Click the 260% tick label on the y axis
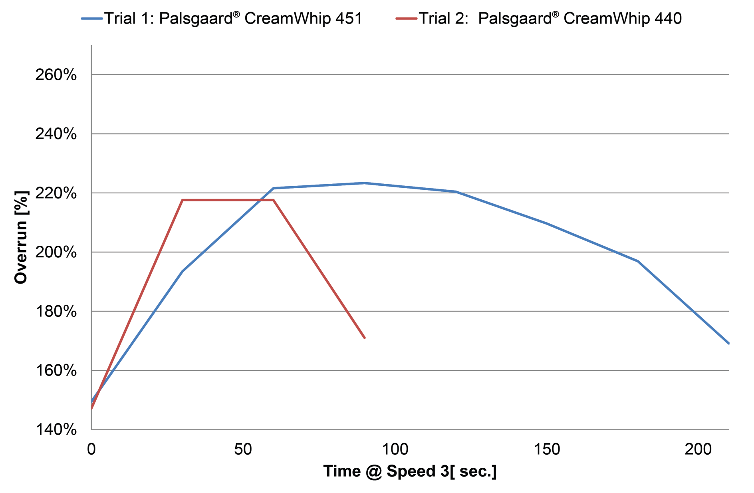pos(56,75)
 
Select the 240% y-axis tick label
pos(56,134)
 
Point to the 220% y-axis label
pos(56,193)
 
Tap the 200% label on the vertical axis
pos(56,252)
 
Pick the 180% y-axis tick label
pos(56,312)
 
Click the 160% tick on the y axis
pos(56,371)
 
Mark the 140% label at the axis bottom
pos(56,430)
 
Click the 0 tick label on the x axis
pos(91,449)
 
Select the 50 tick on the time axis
pos(243,449)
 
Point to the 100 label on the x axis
pos(395,449)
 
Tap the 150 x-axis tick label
pos(547,449)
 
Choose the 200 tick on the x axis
pos(698,449)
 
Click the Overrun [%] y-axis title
pos(21,237)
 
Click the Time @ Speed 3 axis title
pos(410,471)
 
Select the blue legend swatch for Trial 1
pos(92,19)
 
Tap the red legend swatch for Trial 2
pos(407,19)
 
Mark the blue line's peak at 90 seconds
pos(365,183)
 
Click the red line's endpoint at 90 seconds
pos(365,338)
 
